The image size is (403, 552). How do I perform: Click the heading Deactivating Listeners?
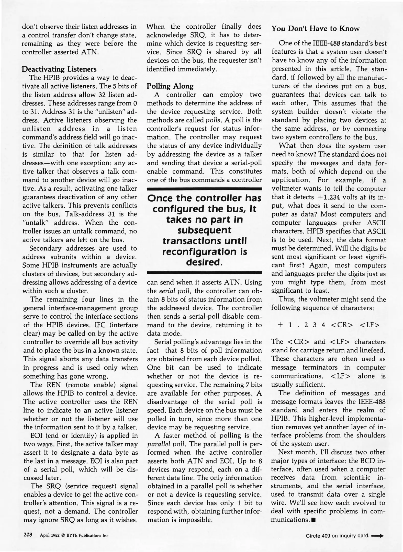pos(59,69)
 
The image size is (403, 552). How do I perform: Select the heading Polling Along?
pos(170,86)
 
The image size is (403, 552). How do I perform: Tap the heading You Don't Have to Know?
pos(316,29)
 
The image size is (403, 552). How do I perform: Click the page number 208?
pos(28,535)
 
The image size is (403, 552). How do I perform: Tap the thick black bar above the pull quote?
pos(205,189)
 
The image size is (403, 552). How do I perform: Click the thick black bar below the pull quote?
pos(205,273)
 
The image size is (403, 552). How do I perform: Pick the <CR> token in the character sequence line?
pos(342,325)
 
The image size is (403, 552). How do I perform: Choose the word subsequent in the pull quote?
pos(204,230)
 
